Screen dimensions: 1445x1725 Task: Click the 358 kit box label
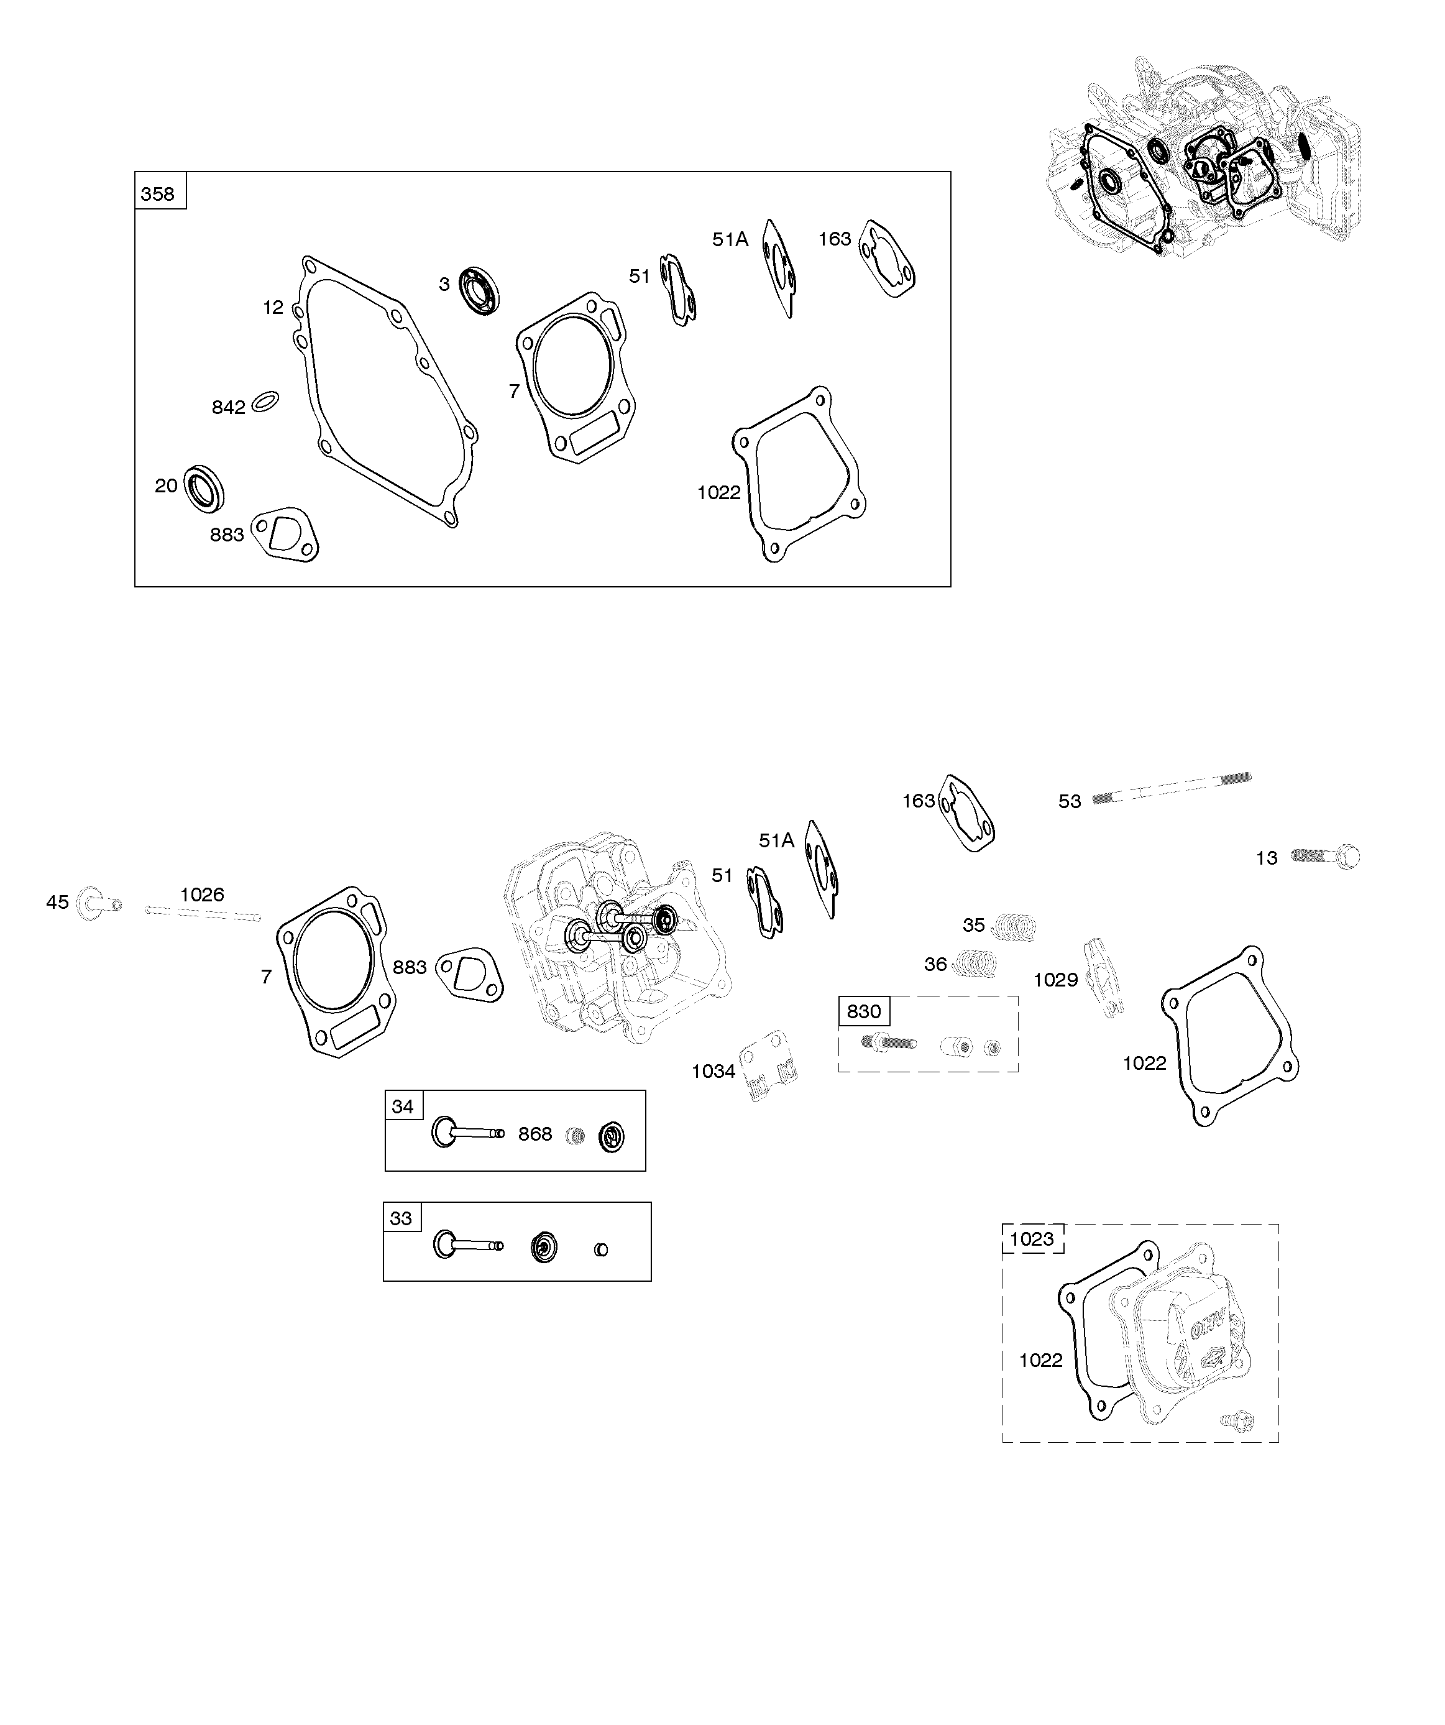[158, 194]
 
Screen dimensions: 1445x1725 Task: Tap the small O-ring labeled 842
[265, 401]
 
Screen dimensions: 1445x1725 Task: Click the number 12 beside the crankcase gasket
[273, 307]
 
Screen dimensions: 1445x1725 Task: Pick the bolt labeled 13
[1325, 857]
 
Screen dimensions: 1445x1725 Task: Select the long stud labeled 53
[1172, 787]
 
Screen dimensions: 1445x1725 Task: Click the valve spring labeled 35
[1013, 927]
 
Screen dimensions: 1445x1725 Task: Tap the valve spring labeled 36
[975, 963]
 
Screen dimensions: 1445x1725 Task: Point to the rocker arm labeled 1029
[1101, 977]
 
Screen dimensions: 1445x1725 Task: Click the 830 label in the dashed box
[863, 1011]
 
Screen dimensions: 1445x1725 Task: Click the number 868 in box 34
[534, 1134]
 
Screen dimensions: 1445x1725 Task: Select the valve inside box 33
[467, 1244]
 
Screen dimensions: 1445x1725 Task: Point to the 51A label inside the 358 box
[730, 239]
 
